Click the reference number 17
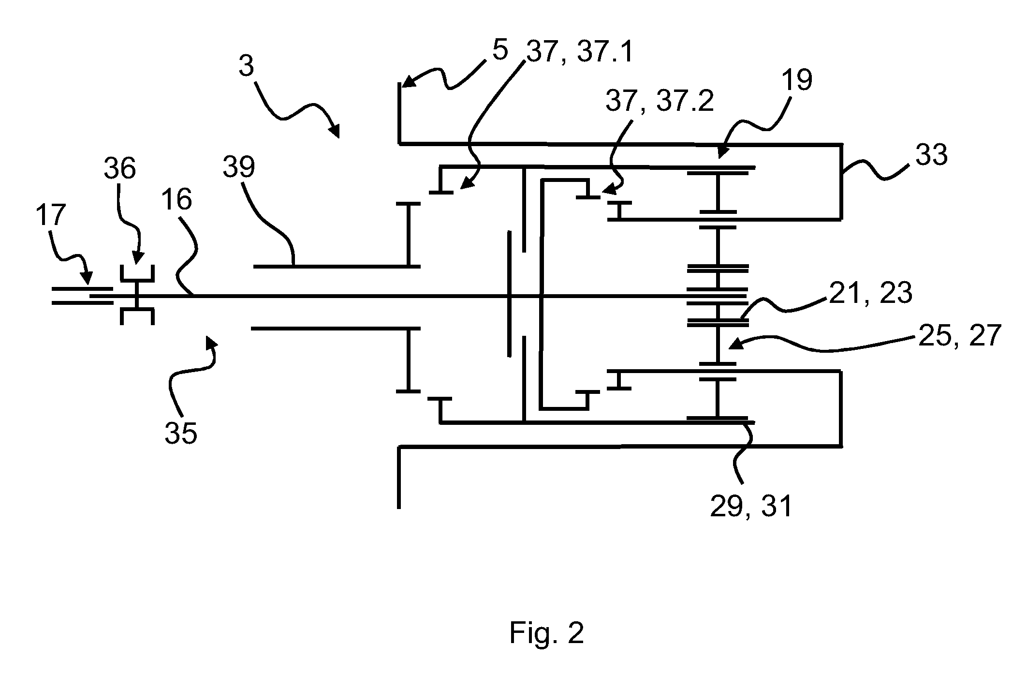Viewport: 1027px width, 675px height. (50, 216)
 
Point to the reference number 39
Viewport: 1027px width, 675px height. (238, 167)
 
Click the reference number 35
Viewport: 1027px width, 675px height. (181, 433)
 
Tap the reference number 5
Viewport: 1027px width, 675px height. (500, 50)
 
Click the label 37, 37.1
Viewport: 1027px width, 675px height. (580, 53)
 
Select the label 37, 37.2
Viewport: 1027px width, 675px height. (660, 103)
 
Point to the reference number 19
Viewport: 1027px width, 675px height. (796, 80)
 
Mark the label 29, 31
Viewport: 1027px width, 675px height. (751, 507)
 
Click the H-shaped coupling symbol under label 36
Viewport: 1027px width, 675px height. (137, 295)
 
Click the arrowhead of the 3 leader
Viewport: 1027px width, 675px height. (335, 132)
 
